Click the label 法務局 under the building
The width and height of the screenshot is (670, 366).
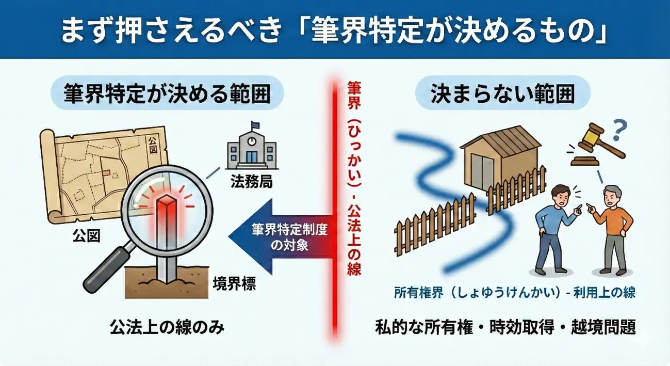point(252,181)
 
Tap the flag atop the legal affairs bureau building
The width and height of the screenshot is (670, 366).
point(256,124)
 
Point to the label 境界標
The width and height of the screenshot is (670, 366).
point(234,284)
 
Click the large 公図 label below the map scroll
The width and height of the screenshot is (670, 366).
point(86,236)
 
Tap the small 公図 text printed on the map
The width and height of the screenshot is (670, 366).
point(153,145)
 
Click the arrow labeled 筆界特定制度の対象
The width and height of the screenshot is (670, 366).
point(281,237)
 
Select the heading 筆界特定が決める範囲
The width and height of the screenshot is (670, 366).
point(167,93)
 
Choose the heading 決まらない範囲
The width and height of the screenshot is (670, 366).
point(502,93)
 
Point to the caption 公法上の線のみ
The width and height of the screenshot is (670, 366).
point(167,327)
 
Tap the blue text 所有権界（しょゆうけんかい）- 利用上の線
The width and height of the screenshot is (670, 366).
point(514,292)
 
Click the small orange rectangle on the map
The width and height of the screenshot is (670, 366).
point(106,172)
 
